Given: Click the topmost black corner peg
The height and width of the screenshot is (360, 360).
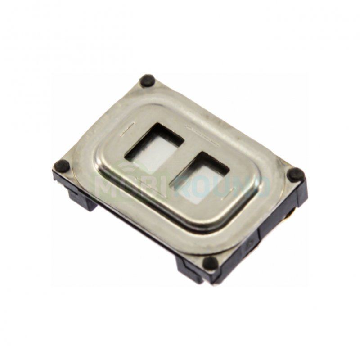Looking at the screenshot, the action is (147, 81).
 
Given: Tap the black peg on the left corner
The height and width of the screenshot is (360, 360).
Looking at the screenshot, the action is (61, 166).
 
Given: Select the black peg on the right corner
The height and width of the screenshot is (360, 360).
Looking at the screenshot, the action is (296, 174).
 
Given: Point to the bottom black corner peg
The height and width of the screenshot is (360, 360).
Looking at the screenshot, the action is (210, 263).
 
